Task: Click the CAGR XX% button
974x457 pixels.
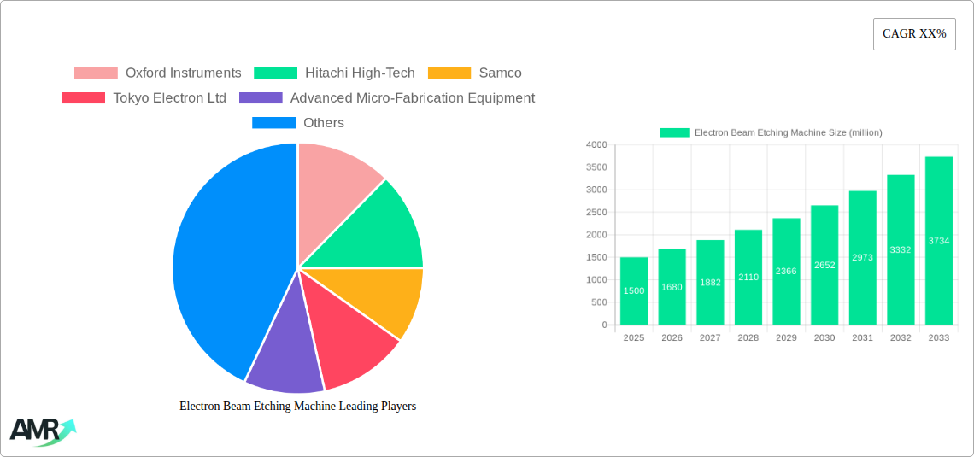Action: pyautogui.click(x=914, y=34)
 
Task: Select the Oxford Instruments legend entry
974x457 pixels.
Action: pyautogui.click(x=158, y=73)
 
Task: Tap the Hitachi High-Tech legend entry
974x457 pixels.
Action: pyautogui.click(x=335, y=73)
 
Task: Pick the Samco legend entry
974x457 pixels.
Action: pyautogui.click(x=474, y=73)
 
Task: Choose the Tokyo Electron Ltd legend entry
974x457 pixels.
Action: pyautogui.click(x=144, y=98)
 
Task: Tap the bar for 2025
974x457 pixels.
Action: pyautogui.click(x=634, y=290)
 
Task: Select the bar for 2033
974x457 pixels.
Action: pyautogui.click(x=938, y=241)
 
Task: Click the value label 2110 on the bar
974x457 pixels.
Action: pyautogui.click(x=748, y=277)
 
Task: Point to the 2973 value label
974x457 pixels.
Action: pyautogui.click(x=862, y=257)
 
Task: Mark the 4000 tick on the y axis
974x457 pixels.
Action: pyautogui.click(x=596, y=145)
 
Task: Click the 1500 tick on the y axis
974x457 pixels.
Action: pyautogui.click(x=596, y=257)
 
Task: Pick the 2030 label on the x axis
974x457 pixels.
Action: pyautogui.click(x=824, y=338)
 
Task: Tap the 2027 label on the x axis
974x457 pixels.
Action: pyautogui.click(x=710, y=338)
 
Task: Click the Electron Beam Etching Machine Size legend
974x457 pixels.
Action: pyautogui.click(x=771, y=132)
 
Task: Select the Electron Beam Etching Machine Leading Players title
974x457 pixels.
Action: pyautogui.click(x=297, y=407)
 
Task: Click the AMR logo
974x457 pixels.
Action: pyautogui.click(x=42, y=431)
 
